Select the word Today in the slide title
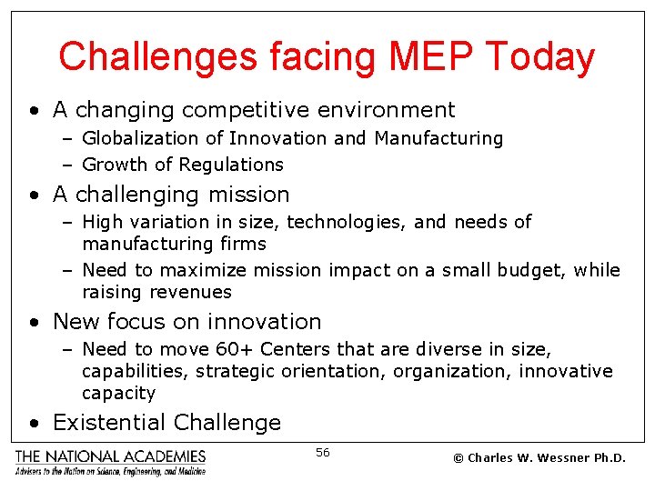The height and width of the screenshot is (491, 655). [540, 56]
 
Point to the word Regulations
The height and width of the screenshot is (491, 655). [234, 165]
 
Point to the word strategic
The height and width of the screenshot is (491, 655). [233, 371]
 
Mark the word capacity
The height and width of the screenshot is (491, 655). [118, 394]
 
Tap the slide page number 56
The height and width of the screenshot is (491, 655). [323, 452]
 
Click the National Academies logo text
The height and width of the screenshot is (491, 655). [109, 456]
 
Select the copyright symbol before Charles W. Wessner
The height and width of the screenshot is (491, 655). [458, 457]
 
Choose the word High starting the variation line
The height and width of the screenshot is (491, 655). [100, 222]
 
